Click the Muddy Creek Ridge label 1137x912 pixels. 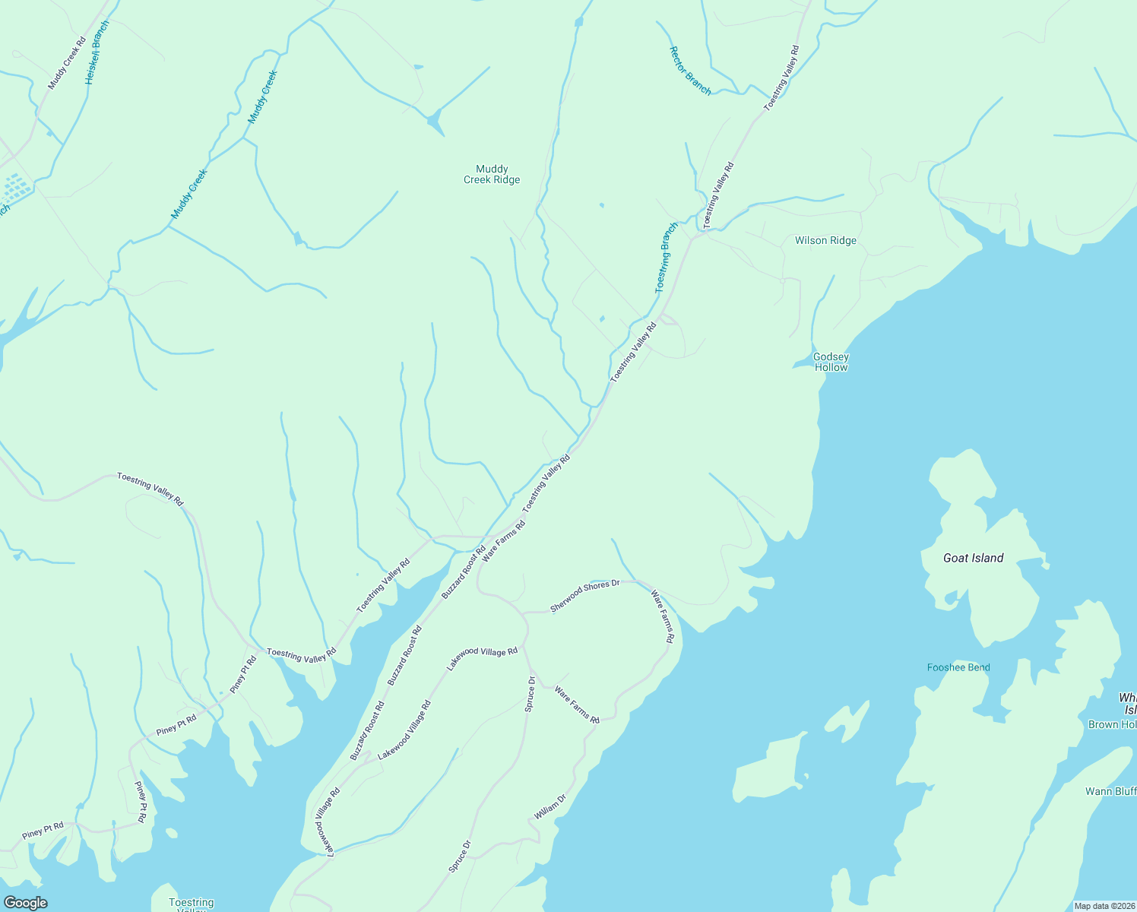492,174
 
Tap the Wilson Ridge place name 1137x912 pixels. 825,240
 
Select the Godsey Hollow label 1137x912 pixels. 831,362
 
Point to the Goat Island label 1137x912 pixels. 973,558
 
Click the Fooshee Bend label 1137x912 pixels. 958,667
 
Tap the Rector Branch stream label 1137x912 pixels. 690,71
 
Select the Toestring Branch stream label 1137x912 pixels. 667,258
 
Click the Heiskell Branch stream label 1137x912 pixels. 97,52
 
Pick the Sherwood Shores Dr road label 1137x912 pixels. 585,596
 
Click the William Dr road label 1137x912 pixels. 550,807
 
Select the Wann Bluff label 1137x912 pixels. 1110,791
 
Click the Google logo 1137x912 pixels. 25,903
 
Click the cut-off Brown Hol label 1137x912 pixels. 1112,724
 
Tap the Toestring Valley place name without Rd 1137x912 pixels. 191,904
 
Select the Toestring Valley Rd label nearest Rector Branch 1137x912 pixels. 782,78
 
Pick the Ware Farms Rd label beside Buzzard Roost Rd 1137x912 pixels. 504,540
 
